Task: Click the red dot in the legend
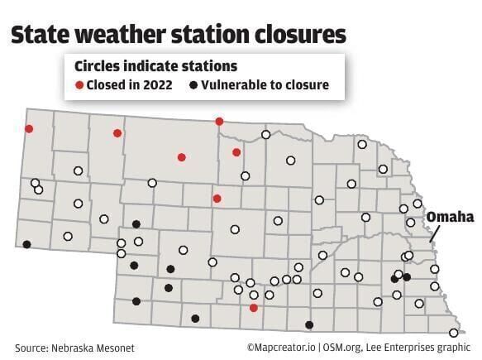80,85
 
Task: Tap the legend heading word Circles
98,65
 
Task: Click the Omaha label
451,217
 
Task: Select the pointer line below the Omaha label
437,234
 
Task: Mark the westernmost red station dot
29,128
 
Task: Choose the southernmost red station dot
254,307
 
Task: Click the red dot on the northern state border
219,122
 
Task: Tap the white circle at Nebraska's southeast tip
453,333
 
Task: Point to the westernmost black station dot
27,244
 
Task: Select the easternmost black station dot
407,276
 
